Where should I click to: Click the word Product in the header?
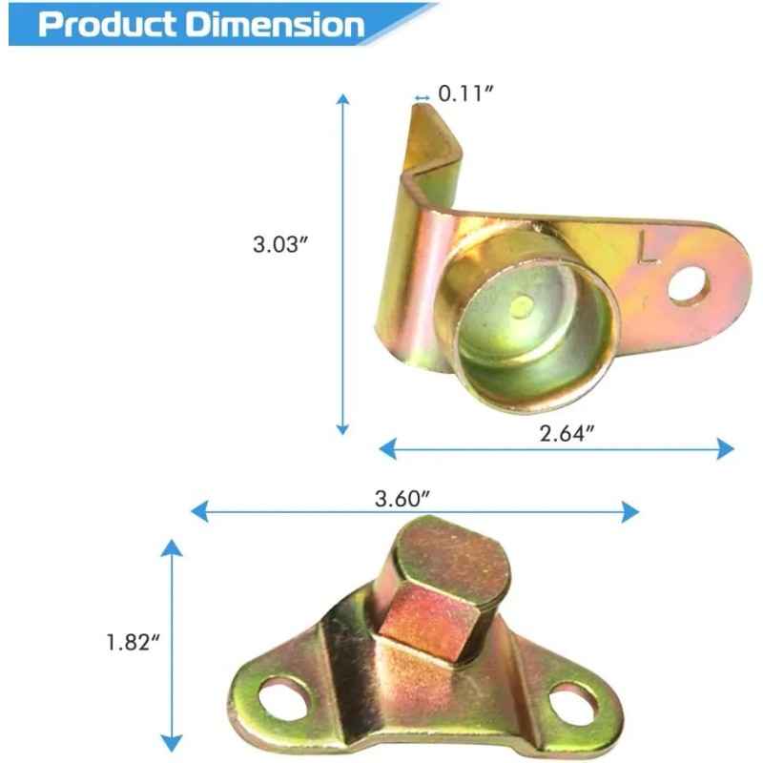(x=107, y=25)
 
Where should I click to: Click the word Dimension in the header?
(x=276, y=25)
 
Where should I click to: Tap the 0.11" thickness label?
(x=465, y=93)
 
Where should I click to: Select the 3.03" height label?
(x=280, y=244)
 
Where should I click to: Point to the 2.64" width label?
(x=567, y=433)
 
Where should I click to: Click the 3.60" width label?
(x=402, y=498)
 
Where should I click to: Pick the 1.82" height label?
(x=133, y=642)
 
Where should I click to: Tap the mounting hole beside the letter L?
(x=688, y=283)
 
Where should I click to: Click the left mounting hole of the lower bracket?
(x=283, y=699)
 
